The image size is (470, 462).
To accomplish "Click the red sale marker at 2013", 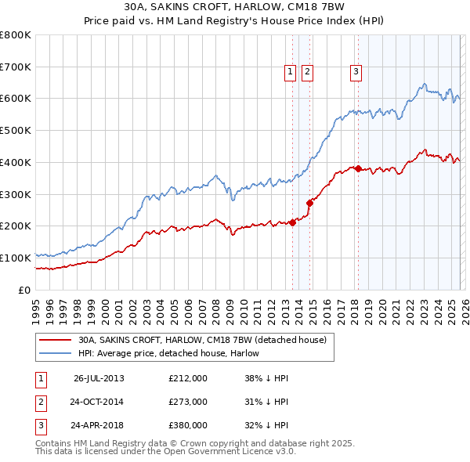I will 292,222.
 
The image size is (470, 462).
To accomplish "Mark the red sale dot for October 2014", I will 309,203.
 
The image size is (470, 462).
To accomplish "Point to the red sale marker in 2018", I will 358,168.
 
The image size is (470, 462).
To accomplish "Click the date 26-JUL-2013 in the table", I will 99,378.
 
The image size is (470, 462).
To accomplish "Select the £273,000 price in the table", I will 187,402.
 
